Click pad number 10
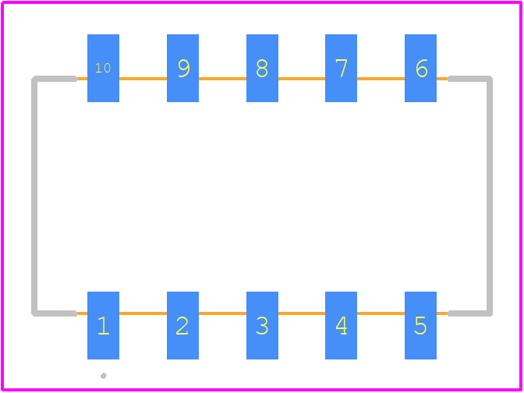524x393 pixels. pos(103,68)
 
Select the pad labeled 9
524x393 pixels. pos(182,68)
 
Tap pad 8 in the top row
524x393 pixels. pos(262,68)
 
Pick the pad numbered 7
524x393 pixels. pos(341,68)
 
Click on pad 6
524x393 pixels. pos(420,68)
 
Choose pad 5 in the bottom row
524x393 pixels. pos(420,325)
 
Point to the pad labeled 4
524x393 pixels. pos(341,325)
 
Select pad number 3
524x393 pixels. pos(262,325)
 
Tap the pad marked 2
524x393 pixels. pos(182,325)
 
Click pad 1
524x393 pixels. pos(103,325)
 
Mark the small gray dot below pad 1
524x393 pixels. pos(104,376)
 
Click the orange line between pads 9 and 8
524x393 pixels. pos(222,79)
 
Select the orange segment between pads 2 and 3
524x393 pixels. pos(222,313)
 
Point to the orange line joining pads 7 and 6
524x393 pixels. pos(381,79)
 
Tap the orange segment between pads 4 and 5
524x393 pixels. pos(381,313)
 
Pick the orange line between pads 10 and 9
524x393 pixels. pos(143,79)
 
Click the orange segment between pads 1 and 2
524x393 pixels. pos(143,313)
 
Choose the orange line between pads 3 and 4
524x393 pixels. pos(302,313)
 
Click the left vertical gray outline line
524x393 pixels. pos(34,196)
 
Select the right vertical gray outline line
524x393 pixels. pos(490,196)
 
